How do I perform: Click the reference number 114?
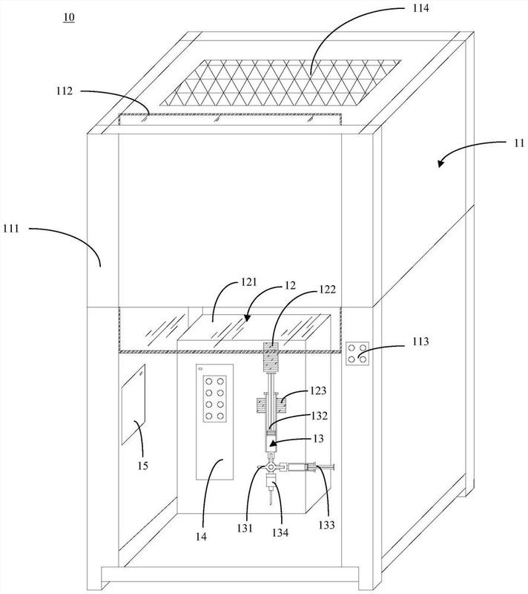(420, 8)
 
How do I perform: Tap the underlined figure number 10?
(69, 17)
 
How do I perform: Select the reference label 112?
(65, 91)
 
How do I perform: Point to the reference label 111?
(11, 229)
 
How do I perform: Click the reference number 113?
(420, 342)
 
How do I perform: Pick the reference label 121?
(248, 282)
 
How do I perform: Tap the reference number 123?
(317, 391)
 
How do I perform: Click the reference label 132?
(319, 416)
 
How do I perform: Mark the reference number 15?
(142, 466)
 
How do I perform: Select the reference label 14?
(201, 536)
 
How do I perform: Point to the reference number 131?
(245, 528)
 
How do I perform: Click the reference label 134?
(280, 532)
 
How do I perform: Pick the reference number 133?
(326, 525)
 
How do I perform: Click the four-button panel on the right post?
(357, 353)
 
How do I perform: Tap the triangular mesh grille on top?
(280, 82)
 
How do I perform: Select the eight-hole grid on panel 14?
(215, 399)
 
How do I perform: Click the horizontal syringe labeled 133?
(308, 468)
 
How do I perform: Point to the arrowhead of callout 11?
(440, 163)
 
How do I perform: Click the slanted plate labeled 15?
(133, 405)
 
